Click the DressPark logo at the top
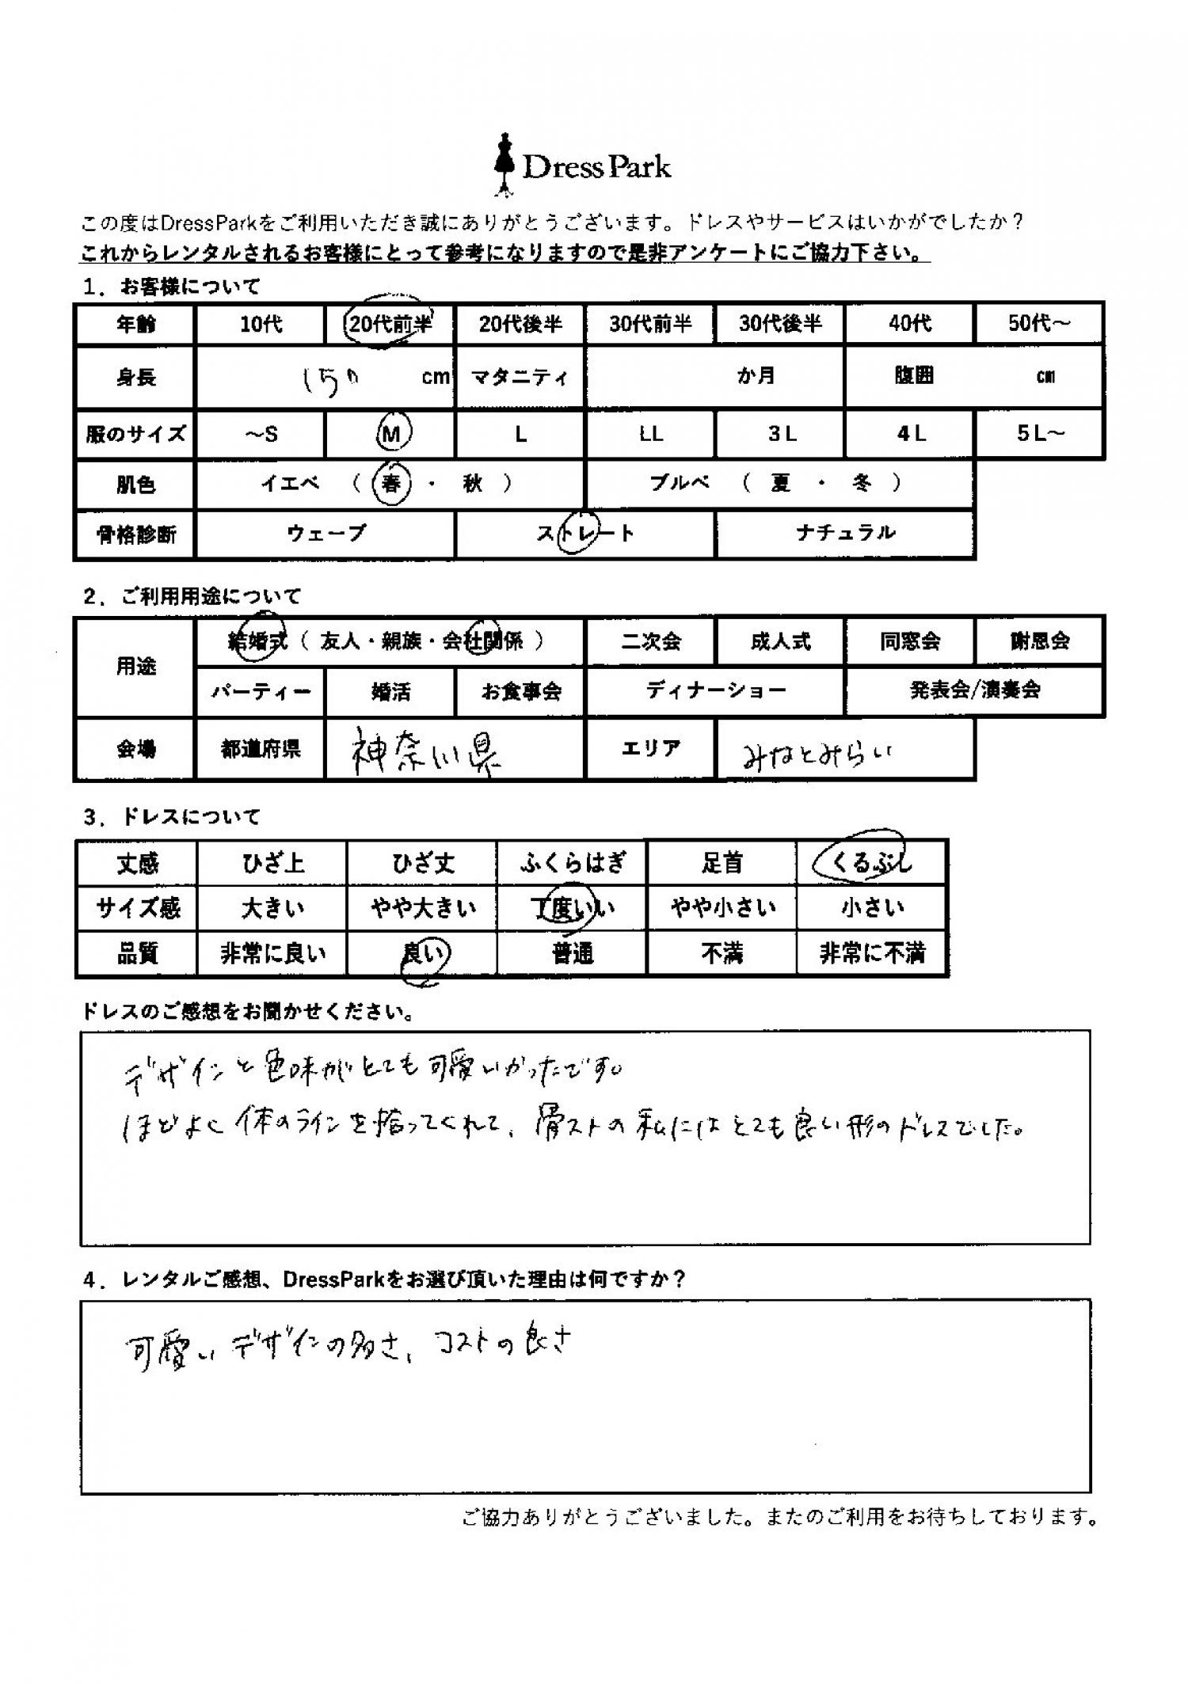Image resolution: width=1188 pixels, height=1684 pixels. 583,165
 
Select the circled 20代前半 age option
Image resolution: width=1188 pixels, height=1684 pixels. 389,324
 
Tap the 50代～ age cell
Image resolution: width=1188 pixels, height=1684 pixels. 1038,324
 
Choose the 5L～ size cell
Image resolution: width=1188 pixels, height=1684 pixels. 1040,433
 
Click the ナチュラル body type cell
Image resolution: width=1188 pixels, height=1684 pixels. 845,533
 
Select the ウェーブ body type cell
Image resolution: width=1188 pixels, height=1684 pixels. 326,533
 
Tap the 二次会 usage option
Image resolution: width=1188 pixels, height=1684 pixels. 650,641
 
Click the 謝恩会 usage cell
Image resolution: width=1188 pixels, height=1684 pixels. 1039,641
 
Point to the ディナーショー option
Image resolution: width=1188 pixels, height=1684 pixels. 715,690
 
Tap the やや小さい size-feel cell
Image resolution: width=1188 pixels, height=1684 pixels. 722,907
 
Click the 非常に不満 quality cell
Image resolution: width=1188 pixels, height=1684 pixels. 871,953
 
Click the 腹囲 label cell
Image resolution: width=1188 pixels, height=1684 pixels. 913,376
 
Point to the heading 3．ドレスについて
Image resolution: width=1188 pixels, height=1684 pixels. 171,816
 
